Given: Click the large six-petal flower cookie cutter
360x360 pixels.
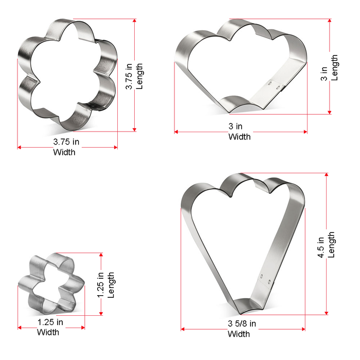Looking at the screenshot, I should tap(67, 72).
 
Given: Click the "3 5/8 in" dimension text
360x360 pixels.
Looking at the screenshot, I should tap(242, 324).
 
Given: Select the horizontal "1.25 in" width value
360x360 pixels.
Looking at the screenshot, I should tap(50, 322).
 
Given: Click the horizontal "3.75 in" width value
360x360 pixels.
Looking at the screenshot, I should tap(66, 141).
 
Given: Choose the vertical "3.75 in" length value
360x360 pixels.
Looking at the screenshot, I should tap(130, 76).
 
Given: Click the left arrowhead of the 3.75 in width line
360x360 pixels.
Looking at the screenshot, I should tap(20, 148).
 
